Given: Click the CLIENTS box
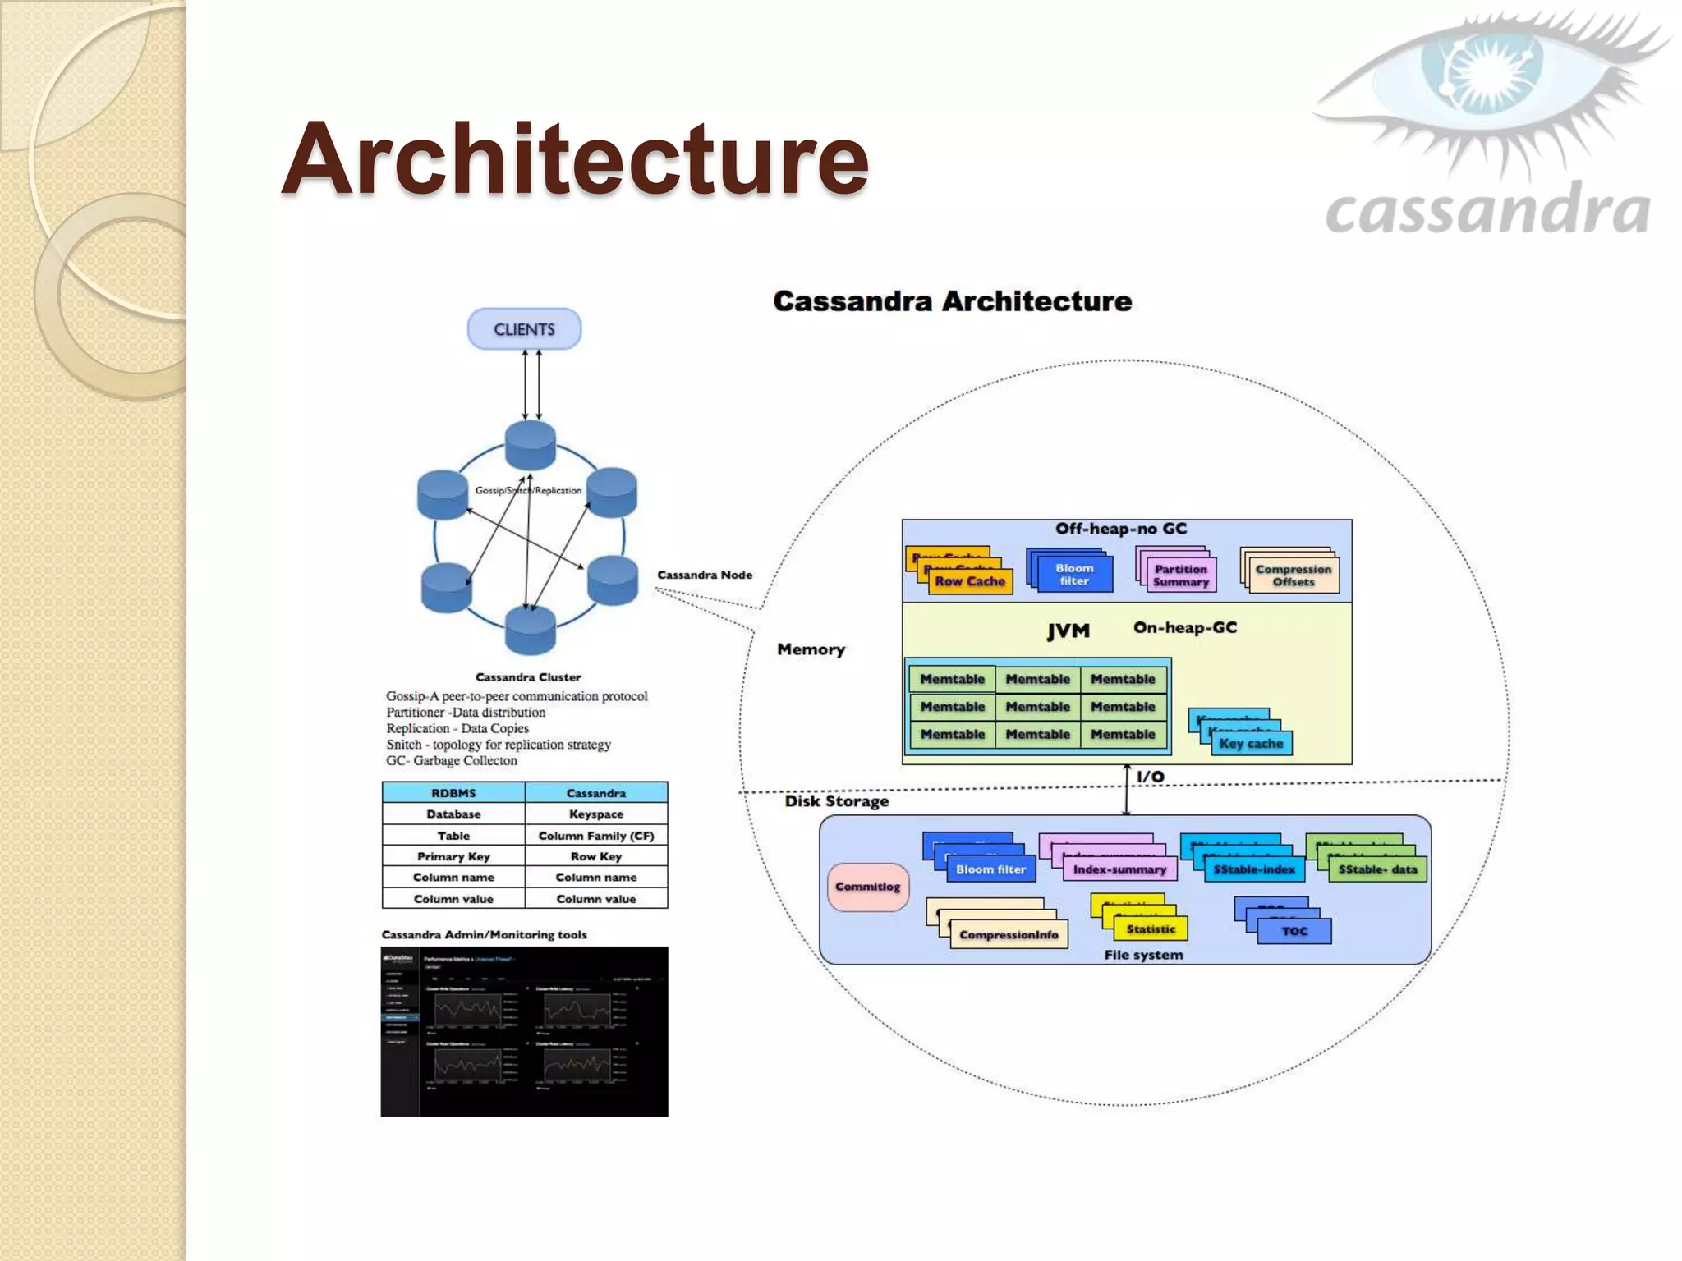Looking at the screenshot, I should click(524, 329).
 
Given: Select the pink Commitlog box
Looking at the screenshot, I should click(867, 887).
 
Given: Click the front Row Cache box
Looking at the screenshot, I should click(970, 581).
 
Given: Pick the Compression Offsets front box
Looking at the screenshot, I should click(1294, 575).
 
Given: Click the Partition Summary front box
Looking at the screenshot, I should click(1180, 575).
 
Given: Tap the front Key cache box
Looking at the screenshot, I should click(1251, 743).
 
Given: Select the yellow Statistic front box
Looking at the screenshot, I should click(1151, 929).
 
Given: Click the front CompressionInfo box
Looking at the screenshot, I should click(1009, 935).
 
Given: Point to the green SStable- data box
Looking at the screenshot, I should click(1377, 869).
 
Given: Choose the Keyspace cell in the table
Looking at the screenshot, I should click(596, 814).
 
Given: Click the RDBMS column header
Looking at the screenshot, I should click(453, 793).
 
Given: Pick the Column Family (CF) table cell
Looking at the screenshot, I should click(596, 836).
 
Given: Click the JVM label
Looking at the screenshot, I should click(1068, 631).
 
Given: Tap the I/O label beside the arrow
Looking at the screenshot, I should click(1151, 777).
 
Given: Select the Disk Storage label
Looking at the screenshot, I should click(836, 801).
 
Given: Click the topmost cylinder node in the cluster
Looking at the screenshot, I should click(531, 445).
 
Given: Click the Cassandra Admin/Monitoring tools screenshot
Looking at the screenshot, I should click(524, 1032).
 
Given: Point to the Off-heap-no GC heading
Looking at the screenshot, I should click(1121, 529).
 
